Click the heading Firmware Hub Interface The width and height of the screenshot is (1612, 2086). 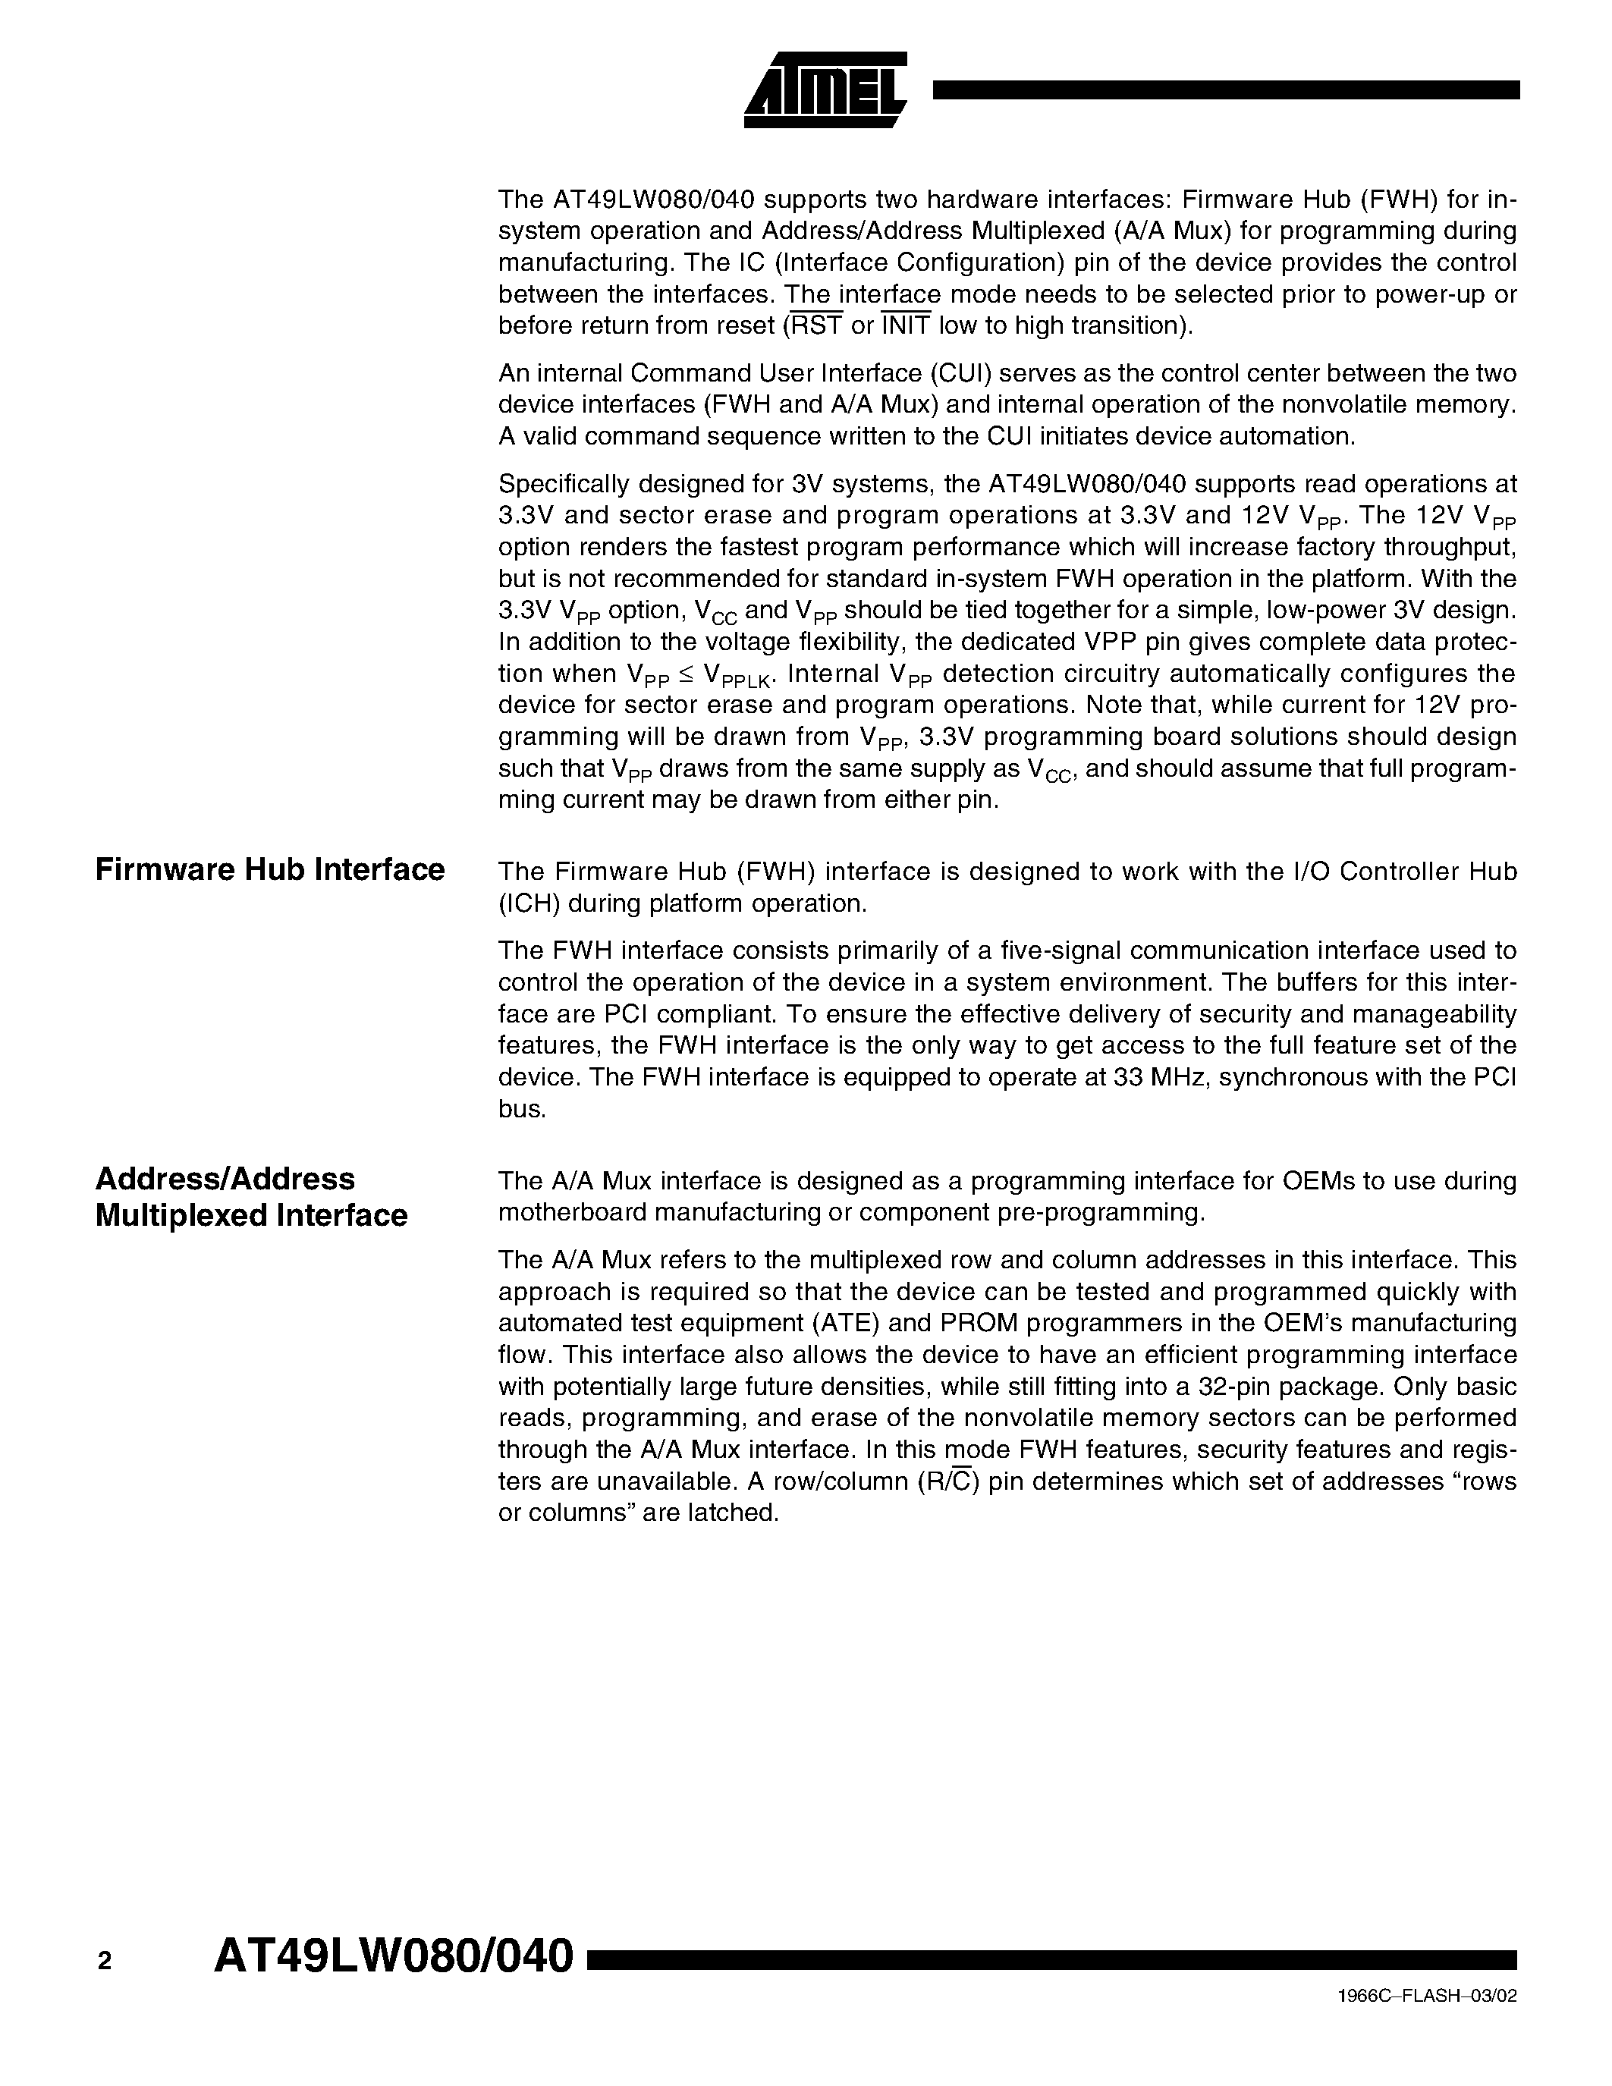(x=270, y=870)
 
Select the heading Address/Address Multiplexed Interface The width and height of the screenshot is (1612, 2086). (x=251, y=1197)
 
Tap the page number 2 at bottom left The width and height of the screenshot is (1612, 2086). (x=104, y=1961)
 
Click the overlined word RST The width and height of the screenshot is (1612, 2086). (x=815, y=325)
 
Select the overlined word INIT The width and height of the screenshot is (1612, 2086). (x=905, y=325)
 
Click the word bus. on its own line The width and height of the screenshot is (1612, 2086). (x=523, y=1110)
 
